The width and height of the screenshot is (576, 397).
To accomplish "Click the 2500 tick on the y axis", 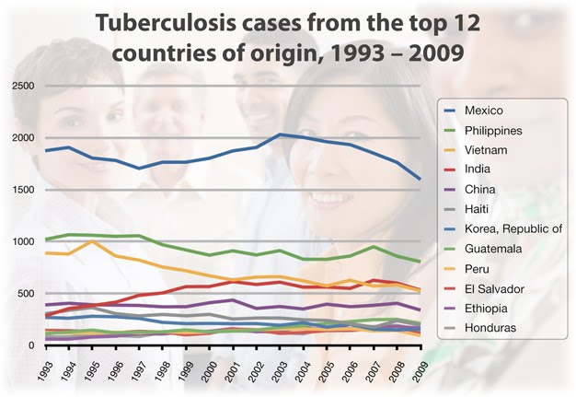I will pos(23,87).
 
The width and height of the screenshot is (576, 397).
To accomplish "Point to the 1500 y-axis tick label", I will pos(23,190).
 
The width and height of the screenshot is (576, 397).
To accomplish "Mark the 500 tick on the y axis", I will pos(27,294).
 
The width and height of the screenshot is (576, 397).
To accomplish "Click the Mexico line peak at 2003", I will pos(280,134).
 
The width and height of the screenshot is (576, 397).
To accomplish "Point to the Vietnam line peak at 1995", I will pos(92,241).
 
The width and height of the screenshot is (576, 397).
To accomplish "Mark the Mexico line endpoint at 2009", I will pos(420,180).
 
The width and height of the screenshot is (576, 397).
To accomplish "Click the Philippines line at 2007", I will pos(374,246).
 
